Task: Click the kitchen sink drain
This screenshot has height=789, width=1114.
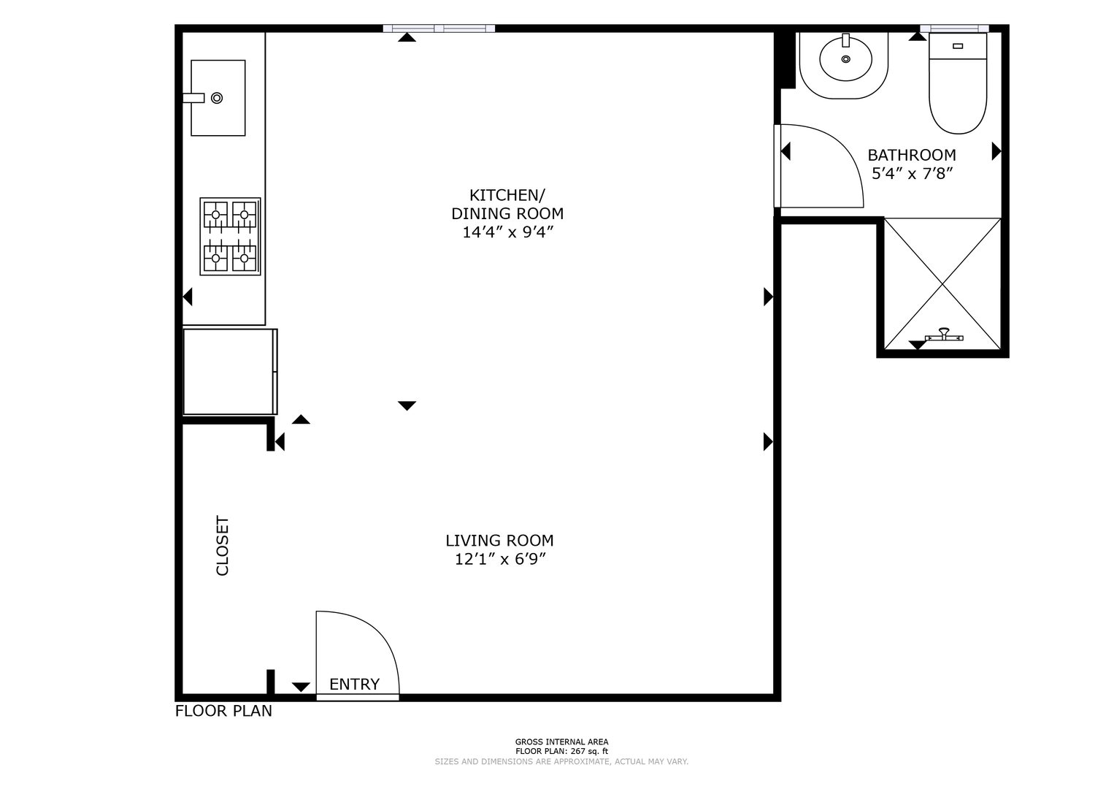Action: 217,98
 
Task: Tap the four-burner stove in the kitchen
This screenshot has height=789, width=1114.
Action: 230,237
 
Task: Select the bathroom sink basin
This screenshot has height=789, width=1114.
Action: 845,58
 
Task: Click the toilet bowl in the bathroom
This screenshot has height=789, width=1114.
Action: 958,96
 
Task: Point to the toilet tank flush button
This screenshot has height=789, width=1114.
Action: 958,46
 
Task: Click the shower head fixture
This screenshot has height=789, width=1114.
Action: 944,335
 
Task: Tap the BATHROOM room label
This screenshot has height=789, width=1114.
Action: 912,156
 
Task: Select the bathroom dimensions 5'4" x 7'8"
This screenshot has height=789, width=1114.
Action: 912,174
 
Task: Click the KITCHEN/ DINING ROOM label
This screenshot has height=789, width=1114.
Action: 507,204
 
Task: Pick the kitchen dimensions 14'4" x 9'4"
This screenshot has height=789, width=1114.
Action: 508,232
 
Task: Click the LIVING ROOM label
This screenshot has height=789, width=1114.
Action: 499,541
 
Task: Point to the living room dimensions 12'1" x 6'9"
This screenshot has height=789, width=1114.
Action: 500,560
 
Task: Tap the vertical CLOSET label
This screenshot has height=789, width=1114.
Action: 223,546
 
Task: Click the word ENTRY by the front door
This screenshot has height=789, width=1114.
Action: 355,685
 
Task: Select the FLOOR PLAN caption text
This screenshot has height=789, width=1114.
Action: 223,711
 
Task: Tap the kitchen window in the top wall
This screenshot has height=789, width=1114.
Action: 439,28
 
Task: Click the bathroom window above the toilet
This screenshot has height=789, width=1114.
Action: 954,28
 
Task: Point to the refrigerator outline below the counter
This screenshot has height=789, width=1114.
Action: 230,371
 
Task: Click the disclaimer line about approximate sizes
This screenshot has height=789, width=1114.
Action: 561,762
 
